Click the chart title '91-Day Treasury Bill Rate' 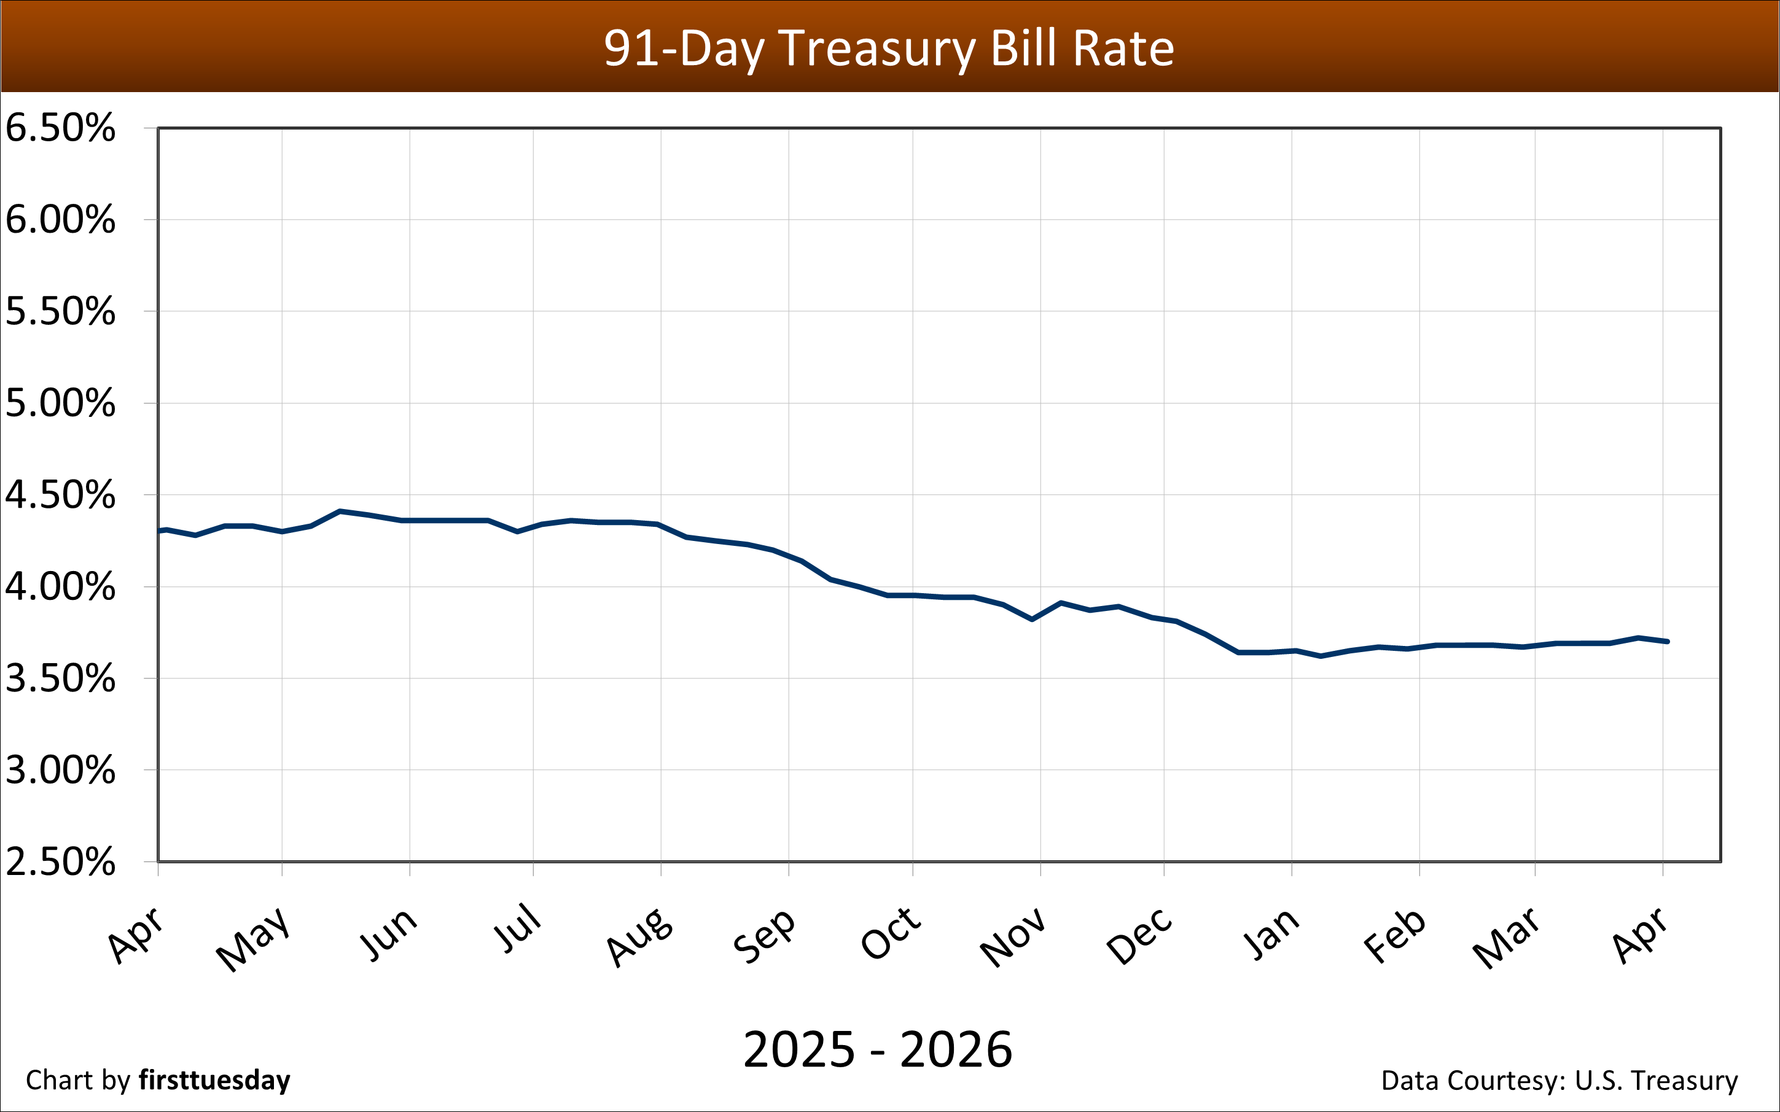(x=889, y=49)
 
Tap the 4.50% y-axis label (x=60, y=495)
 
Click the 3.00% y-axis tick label (x=60, y=770)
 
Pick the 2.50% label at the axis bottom (x=60, y=862)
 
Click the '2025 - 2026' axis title (x=878, y=1049)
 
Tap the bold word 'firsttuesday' (x=214, y=1080)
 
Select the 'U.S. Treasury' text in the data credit (x=1656, y=1080)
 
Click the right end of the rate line (x=1668, y=641)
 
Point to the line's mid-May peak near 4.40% (x=339, y=511)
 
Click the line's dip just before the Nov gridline (x=1032, y=620)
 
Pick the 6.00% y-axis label (x=60, y=220)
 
